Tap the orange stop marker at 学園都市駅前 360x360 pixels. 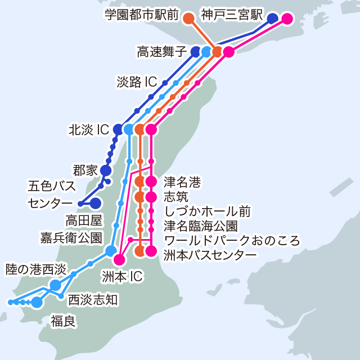[189, 19]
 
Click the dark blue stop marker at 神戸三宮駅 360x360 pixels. [273, 19]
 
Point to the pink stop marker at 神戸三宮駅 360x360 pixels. [287, 19]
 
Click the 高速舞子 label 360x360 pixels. [161, 52]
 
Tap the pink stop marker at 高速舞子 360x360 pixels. [228, 52]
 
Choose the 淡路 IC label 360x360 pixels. [137, 82]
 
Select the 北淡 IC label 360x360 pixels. [88, 129]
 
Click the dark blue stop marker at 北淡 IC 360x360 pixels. [118, 129]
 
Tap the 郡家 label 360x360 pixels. [85, 169]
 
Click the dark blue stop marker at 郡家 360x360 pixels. [106, 170]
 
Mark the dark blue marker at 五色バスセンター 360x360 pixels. [96, 203]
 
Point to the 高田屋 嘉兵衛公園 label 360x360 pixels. [71, 229]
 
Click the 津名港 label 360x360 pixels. [182, 182]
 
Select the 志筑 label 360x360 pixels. [177, 197]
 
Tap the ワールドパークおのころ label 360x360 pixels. [231, 241]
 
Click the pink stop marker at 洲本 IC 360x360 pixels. [119, 259]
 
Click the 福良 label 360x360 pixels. [63, 321]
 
